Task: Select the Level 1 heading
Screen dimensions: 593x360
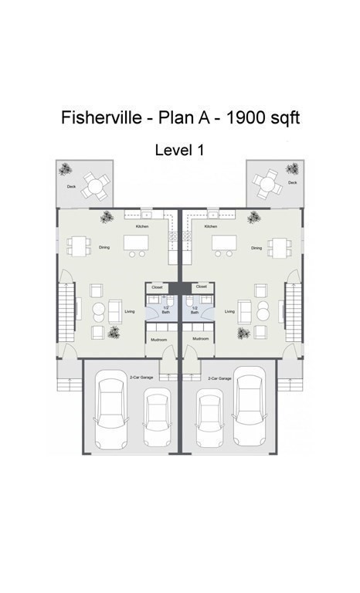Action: pyautogui.click(x=179, y=150)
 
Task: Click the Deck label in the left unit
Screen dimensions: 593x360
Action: pyautogui.click(x=71, y=186)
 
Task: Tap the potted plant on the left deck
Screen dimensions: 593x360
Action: pyautogui.click(x=68, y=168)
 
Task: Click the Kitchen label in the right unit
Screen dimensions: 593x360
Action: pyautogui.click(x=210, y=226)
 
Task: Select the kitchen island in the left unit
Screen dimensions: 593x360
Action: pyautogui.click(x=135, y=242)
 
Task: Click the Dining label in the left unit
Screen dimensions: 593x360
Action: pyautogui.click(x=104, y=248)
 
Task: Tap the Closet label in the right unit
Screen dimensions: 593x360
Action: pyautogui.click(x=202, y=286)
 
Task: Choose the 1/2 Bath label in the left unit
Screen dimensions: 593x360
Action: pyautogui.click(x=165, y=310)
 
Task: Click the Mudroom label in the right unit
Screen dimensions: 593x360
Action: pyautogui.click(x=200, y=339)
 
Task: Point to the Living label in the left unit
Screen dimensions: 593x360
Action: pyautogui.click(x=130, y=311)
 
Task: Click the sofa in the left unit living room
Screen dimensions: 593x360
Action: pyautogui.click(x=114, y=311)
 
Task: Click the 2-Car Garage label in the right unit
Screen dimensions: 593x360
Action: pyautogui.click(x=220, y=378)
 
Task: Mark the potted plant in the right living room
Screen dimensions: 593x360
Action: pyautogui.click(x=244, y=333)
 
